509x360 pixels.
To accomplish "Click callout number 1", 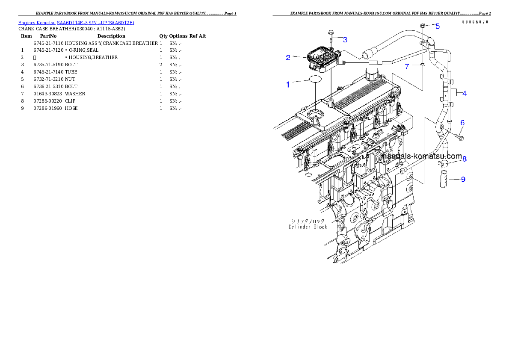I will (x=288, y=85).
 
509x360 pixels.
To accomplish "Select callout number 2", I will (x=288, y=57).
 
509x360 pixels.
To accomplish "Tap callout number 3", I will (x=345, y=39).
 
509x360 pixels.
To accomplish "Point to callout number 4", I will (x=464, y=93).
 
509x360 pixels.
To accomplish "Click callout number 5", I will (x=437, y=26).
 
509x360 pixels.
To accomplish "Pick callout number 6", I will (x=462, y=123).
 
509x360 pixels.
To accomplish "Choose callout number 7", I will (x=407, y=66).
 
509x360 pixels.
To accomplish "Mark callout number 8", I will (x=464, y=159).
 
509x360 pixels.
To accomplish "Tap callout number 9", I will (x=463, y=180).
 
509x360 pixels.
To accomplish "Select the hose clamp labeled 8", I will (x=443, y=163).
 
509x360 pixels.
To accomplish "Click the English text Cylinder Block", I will (x=308, y=227).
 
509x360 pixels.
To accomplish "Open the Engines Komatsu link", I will (x=76, y=23).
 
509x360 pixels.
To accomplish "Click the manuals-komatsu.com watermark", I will (x=421, y=156).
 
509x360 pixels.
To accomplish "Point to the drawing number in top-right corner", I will (x=475, y=22).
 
